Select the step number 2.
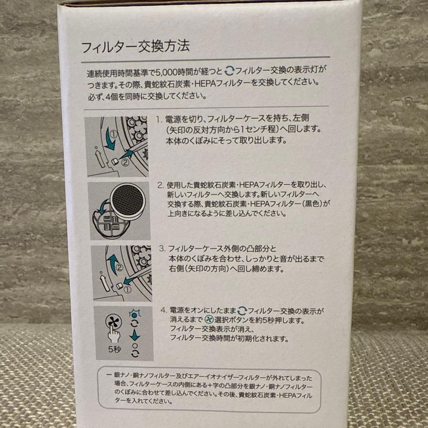coord(160,185)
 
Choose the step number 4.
coord(162,310)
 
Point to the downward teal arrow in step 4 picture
coord(136,336)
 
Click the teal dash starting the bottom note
coord(109,375)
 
